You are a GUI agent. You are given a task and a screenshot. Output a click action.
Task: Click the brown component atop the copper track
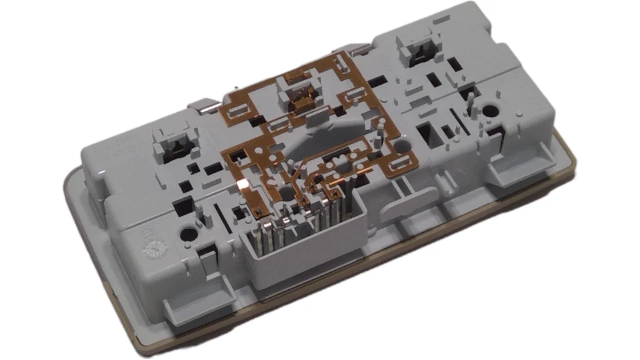(301, 101)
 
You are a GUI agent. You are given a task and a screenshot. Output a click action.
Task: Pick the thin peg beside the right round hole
(470, 103)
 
